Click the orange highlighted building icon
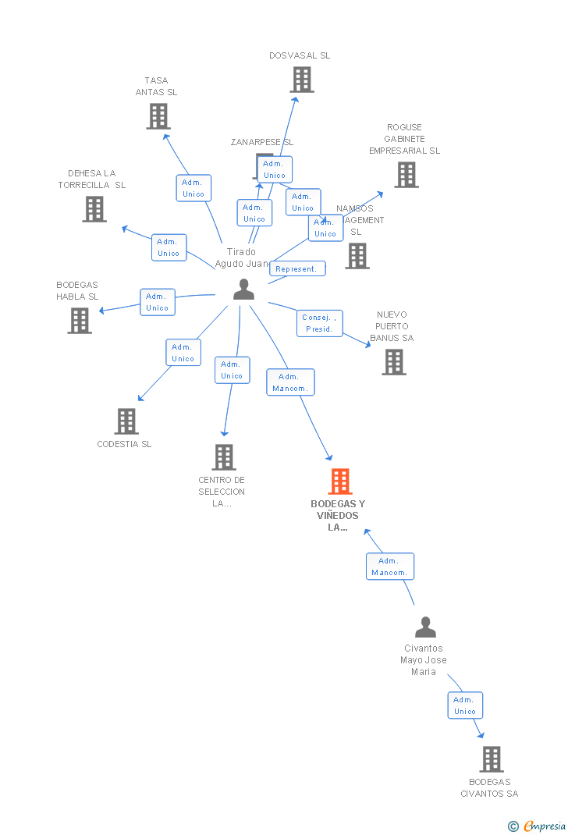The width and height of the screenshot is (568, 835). tap(340, 481)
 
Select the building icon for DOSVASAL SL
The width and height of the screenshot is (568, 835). tap(301, 80)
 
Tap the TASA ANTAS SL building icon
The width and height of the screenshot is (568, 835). tap(158, 116)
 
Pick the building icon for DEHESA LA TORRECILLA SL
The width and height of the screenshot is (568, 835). tap(94, 209)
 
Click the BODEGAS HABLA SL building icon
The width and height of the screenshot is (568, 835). tap(80, 321)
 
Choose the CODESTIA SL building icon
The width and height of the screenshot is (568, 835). tap(126, 421)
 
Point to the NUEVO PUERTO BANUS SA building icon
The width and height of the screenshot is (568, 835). tap(394, 362)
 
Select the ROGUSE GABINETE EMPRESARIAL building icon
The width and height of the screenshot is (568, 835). tap(406, 175)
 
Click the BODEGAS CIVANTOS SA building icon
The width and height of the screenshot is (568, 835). tap(491, 759)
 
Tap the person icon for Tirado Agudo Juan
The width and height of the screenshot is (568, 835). tap(244, 290)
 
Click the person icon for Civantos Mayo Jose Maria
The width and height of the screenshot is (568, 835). tap(425, 627)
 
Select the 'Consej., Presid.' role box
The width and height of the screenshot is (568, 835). tap(319, 323)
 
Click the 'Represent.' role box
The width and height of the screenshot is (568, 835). tap(297, 268)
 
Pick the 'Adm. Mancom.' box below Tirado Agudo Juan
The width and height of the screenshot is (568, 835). tap(290, 382)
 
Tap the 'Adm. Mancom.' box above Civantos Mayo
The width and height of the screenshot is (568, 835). tap(389, 567)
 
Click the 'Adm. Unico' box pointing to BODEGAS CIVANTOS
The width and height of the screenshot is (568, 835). tap(465, 705)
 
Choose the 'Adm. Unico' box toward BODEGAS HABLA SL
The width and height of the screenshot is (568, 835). tap(157, 302)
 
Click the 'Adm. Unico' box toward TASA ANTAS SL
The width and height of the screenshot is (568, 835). tap(193, 188)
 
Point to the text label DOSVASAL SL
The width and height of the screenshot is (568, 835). tap(300, 55)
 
